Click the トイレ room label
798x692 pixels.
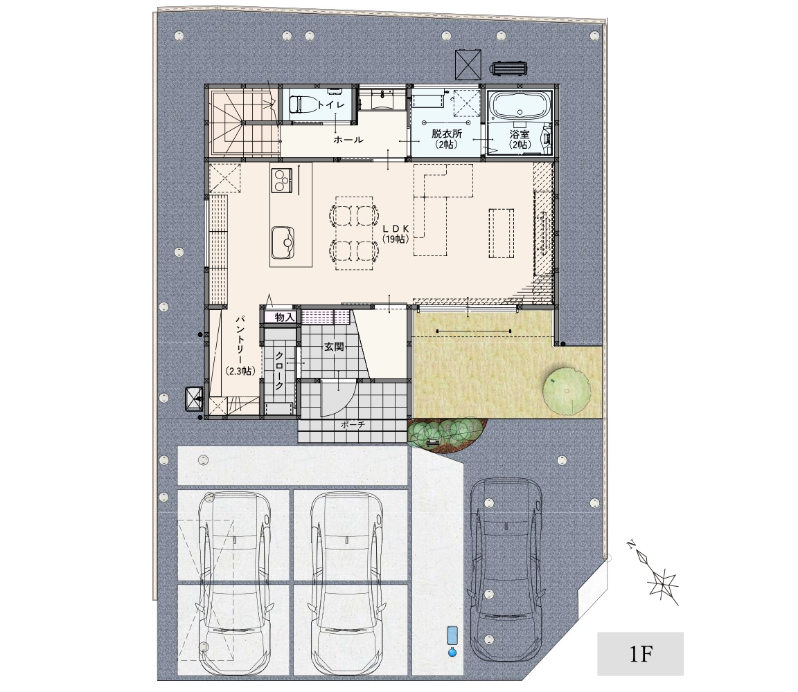[331, 104]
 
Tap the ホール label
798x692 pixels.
[348, 139]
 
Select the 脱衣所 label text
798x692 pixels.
[446, 134]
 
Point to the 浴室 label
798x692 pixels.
[520, 134]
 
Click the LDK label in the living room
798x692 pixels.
[396, 229]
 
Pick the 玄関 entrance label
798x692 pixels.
[335, 347]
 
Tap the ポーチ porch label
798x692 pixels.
[353, 425]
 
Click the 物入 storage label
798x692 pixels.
[285, 317]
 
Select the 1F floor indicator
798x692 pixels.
[641, 654]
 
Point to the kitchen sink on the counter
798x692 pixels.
[283, 242]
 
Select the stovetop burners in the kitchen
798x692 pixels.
[281, 180]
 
